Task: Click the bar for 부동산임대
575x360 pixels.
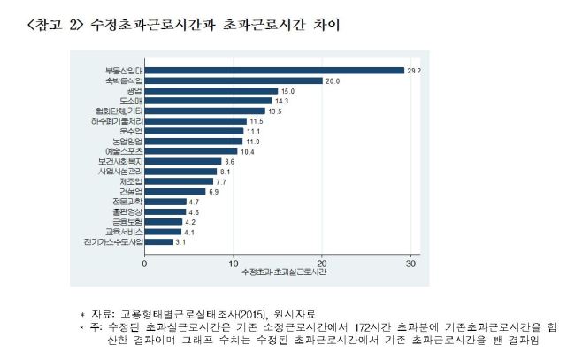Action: click(x=274, y=71)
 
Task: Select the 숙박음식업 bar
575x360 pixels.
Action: click(x=234, y=80)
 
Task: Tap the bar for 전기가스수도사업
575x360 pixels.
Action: click(x=158, y=242)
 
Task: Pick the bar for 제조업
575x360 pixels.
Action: click(x=179, y=181)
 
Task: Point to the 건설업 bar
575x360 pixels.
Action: click(x=175, y=191)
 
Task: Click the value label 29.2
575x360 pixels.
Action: click(x=414, y=71)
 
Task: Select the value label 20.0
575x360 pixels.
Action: click(x=333, y=81)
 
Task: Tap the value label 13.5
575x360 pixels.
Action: click(x=274, y=111)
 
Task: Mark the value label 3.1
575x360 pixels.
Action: click(x=180, y=242)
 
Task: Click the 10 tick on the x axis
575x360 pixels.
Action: click(x=234, y=264)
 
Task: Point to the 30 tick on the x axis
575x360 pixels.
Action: click(x=410, y=264)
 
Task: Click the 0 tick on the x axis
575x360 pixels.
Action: click(x=144, y=264)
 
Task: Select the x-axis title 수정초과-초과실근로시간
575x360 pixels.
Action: click(x=284, y=272)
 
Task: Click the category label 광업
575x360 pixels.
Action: click(x=134, y=91)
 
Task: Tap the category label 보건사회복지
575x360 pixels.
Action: click(x=120, y=161)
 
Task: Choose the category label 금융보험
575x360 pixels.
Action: click(x=127, y=222)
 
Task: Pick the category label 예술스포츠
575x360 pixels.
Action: click(x=124, y=151)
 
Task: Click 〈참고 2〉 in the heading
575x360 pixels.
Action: click(x=55, y=25)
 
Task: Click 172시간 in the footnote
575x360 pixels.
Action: click(x=372, y=327)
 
